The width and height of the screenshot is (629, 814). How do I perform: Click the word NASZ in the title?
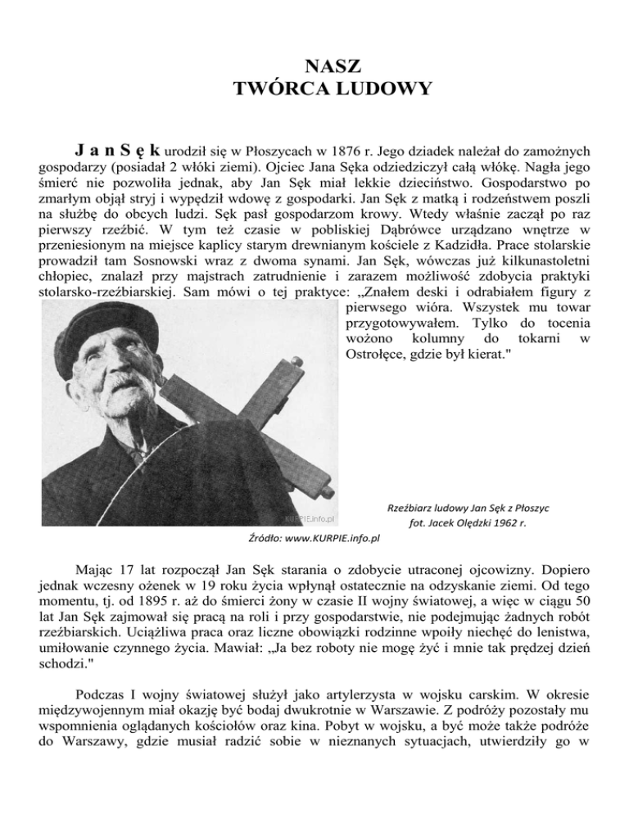tap(314, 66)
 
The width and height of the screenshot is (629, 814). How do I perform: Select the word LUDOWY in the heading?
tap(375, 88)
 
